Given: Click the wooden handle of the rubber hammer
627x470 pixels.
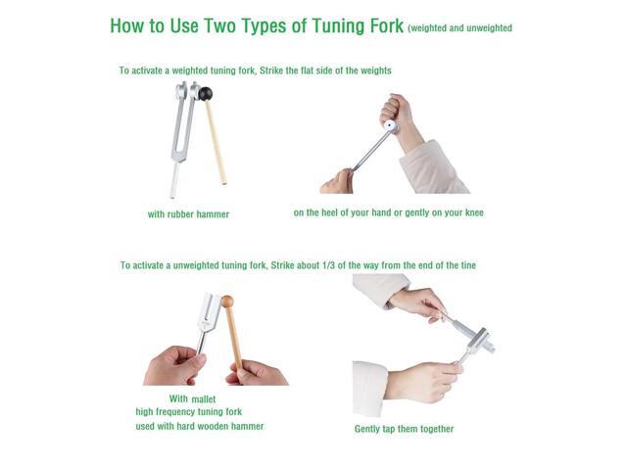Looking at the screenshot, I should (x=217, y=147).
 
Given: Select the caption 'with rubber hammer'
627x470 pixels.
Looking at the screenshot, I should (x=188, y=213).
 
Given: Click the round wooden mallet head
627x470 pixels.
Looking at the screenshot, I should (x=226, y=303).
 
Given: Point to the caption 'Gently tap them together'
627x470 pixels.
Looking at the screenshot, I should (x=404, y=429).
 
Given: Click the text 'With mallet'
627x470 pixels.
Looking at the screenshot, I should (x=192, y=399).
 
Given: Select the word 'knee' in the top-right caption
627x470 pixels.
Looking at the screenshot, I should (x=472, y=212).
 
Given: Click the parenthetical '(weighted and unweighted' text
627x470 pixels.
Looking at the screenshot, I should (x=459, y=28).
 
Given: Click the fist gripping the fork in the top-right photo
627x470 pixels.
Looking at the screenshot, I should (x=398, y=109).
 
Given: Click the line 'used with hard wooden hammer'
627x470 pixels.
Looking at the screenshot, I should (x=199, y=426).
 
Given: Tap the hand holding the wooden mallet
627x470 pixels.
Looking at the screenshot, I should (x=257, y=371).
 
